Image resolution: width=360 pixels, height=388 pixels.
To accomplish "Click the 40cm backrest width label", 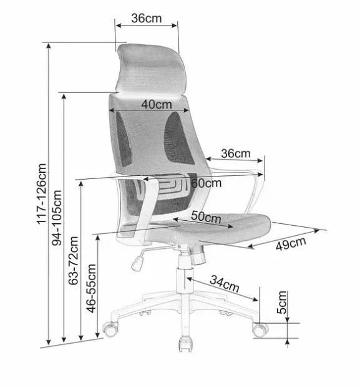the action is [x=157, y=104].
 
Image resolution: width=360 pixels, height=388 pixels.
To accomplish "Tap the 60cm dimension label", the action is [x=207, y=183].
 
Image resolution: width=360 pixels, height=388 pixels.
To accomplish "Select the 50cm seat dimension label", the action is [x=206, y=217].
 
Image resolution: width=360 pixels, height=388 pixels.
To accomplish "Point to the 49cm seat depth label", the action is [x=291, y=243].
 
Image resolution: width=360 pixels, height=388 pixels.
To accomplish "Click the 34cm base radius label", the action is [x=225, y=284].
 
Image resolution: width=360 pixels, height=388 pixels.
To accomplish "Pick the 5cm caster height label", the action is [x=282, y=303].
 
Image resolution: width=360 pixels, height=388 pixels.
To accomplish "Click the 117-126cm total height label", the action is [x=42, y=194].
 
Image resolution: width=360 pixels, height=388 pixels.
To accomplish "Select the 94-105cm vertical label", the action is [x=57, y=218].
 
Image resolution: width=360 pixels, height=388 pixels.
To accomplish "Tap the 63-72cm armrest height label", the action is [x=74, y=261].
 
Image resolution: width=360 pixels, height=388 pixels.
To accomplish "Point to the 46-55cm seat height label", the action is [x=91, y=289].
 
